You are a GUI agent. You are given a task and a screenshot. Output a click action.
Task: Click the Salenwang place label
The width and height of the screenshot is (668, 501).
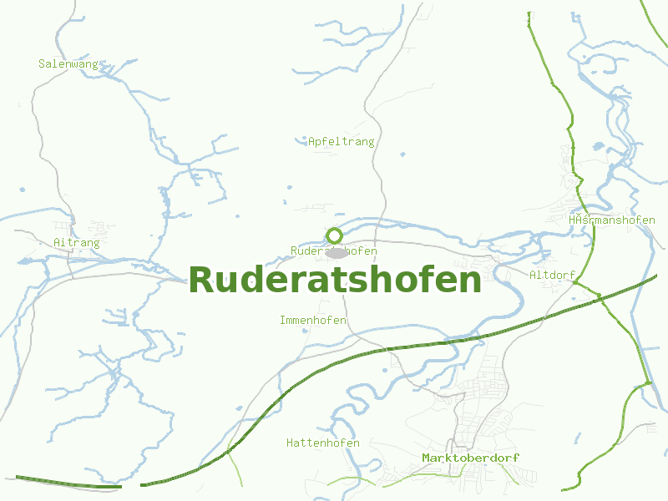[x=68, y=63]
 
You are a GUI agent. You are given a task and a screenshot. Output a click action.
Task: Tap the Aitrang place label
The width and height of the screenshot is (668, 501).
[x=76, y=243]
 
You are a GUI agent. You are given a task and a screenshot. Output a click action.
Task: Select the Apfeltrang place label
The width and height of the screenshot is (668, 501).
[x=341, y=142]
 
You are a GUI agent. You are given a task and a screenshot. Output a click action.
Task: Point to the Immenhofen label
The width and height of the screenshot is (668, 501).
[x=312, y=321]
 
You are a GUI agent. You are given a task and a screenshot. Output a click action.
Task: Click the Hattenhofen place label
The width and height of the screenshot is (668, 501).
[x=322, y=443]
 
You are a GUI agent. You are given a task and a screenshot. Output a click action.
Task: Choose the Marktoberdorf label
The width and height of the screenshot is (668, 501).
[x=470, y=458]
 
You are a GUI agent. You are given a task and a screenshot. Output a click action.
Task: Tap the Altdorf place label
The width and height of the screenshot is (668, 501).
[x=552, y=275]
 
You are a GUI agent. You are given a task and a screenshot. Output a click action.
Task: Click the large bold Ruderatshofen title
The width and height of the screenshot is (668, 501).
[x=335, y=281]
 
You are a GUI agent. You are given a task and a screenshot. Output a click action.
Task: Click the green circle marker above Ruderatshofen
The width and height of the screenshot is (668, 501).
[x=335, y=235]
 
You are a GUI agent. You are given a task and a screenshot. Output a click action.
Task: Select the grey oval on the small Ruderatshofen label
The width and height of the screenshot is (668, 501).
[x=337, y=252]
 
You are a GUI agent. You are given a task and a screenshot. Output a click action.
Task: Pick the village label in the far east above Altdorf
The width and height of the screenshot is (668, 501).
[x=611, y=220]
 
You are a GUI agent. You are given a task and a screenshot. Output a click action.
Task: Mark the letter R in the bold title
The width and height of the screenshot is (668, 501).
[x=202, y=281]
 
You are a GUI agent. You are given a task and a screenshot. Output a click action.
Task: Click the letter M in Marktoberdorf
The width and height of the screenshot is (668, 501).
[x=426, y=458]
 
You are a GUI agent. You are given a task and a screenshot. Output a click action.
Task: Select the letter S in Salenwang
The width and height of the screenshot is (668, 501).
[x=42, y=63]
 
